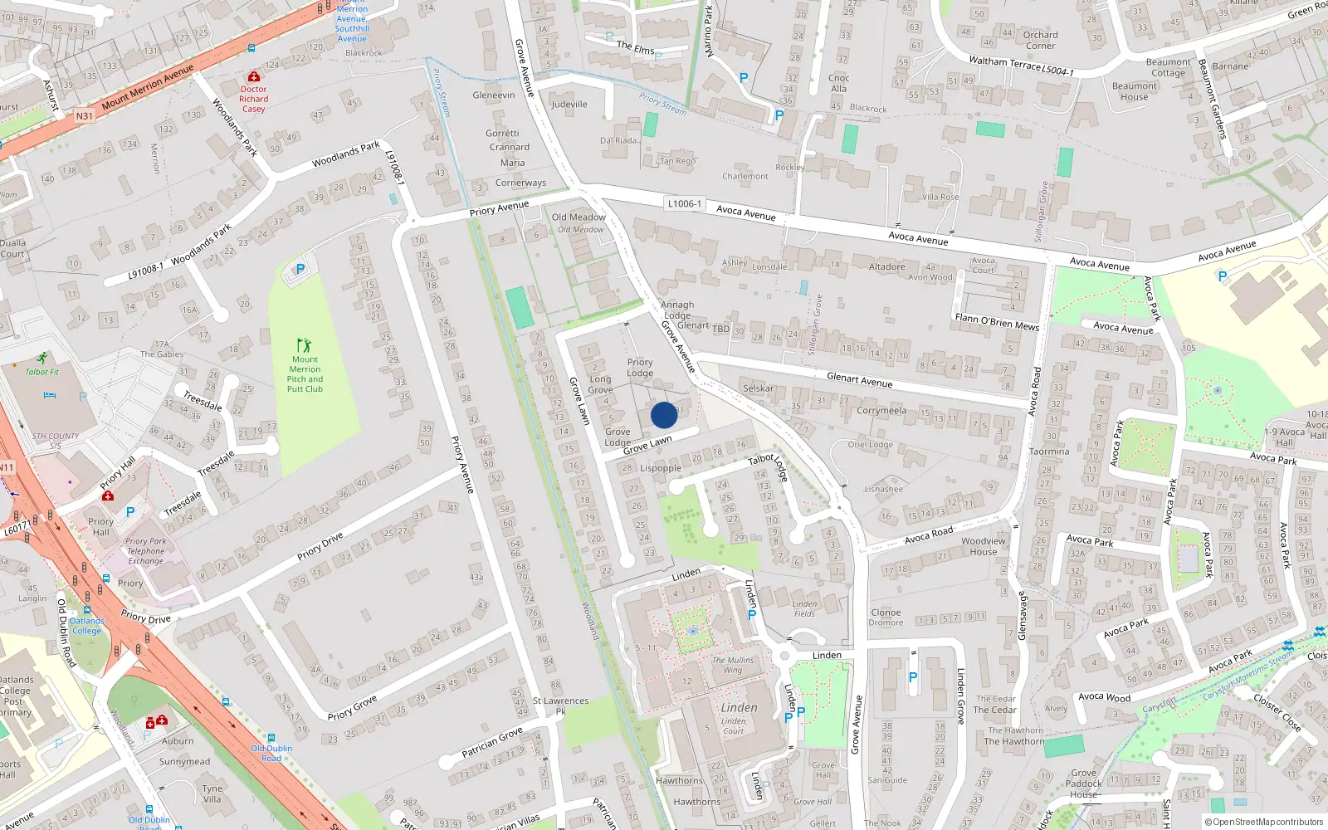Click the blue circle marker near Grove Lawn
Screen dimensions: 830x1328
tap(664, 415)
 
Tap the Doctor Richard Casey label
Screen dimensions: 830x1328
tap(254, 99)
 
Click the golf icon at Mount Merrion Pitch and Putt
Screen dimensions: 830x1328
tap(304, 345)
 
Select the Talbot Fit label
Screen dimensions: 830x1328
tap(42, 372)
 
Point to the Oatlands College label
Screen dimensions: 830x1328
tap(86, 626)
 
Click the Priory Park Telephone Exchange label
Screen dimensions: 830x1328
tap(146, 551)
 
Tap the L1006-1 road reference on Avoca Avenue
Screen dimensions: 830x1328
tap(684, 203)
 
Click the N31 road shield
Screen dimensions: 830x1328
tap(85, 116)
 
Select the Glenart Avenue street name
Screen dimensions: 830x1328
tap(859, 380)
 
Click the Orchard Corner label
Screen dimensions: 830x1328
tap(1040, 40)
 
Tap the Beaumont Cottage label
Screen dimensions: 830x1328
tap(1168, 67)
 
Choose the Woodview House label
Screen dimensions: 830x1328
tap(984, 546)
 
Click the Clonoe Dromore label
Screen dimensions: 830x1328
tap(886, 618)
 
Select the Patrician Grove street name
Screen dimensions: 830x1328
tap(493, 741)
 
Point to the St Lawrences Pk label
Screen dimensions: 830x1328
tap(560, 705)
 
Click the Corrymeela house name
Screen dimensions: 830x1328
tap(881, 411)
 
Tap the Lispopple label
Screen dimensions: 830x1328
tap(661, 468)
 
